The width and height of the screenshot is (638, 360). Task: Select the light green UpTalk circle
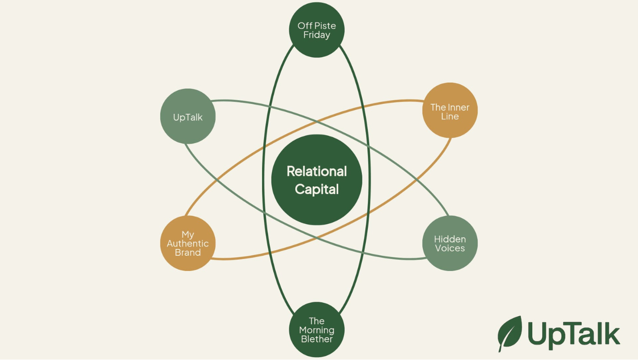(188, 117)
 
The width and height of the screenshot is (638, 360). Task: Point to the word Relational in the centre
(317, 171)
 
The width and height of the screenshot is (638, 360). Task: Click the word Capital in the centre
(317, 189)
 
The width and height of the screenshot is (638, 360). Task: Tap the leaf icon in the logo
(510, 333)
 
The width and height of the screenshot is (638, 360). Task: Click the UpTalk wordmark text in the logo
(574, 334)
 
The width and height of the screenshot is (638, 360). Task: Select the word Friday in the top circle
(317, 35)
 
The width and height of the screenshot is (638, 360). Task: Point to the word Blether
(317, 339)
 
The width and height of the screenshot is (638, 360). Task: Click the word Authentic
(188, 243)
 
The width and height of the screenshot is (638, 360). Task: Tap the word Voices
(450, 248)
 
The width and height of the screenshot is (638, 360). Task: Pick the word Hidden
(450, 239)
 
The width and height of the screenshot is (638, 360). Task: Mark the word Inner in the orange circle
(458, 108)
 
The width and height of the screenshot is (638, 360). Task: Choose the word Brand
(188, 252)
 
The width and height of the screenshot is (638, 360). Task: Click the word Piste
(326, 26)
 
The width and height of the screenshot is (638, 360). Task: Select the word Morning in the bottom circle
(317, 330)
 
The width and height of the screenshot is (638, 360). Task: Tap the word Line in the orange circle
(450, 117)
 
